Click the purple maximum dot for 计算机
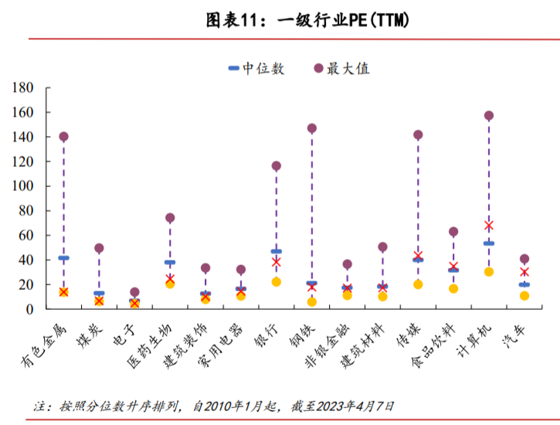pos(489,116)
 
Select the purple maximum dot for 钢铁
pos(312,128)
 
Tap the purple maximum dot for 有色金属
pos(64,137)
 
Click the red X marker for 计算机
pos(489,226)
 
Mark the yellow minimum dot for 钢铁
pos(312,302)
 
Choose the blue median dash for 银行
pos(277,251)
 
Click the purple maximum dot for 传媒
pos(418,135)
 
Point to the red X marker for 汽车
pos(524,272)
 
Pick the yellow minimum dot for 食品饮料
pos(453,289)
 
